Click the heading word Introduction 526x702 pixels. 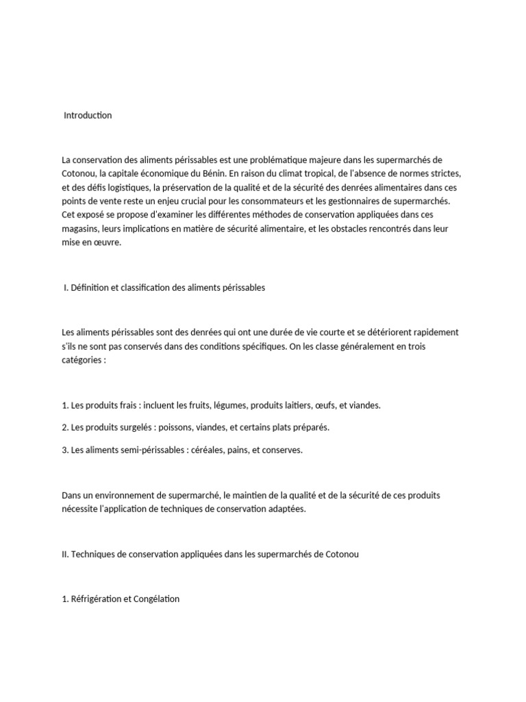pyautogui.click(x=88, y=115)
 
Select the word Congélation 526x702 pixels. pyautogui.click(x=157, y=599)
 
